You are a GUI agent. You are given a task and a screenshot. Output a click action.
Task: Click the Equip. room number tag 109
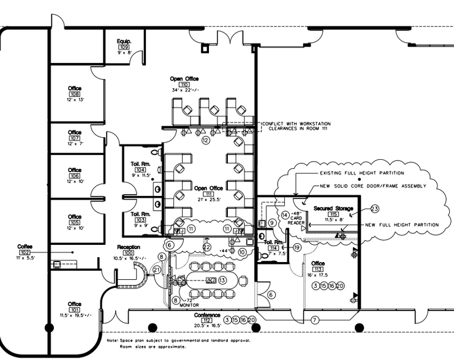pos(124,47)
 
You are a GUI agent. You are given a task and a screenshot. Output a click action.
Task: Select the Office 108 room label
pos(75,89)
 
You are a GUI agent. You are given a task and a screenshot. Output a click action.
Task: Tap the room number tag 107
pos(75,138)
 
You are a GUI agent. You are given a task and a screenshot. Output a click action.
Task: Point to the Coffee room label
pos(25,246)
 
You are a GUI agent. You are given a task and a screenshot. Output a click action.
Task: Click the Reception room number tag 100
pos(129,253)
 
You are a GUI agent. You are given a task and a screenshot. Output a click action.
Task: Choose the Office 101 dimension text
pos(75,315)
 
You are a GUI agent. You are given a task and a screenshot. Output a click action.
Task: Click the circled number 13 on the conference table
pos(222,280)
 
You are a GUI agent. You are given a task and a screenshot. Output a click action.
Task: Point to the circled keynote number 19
pos(297,248)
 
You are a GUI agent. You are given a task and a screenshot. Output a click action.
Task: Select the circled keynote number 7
pos(315,320)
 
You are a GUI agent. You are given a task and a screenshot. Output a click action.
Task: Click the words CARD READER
pos(297,220)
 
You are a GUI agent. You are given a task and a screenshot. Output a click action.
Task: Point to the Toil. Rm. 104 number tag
pos(141,169)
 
